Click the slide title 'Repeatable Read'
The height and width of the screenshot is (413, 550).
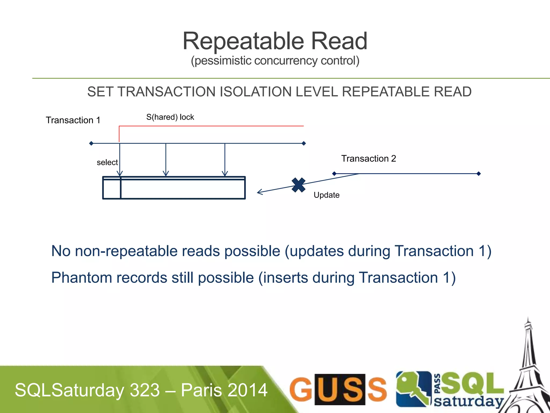[x=275, y=41]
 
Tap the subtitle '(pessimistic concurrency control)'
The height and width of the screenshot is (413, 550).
[x=275, y=61]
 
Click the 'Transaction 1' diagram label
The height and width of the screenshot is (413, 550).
[x=73, y=120]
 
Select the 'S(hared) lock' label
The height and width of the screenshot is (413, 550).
[x=170, y=117]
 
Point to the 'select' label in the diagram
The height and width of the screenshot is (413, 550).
[x=107, y=162]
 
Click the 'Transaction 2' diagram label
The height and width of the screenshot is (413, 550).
[x=368, y=159]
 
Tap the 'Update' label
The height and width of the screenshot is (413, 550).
[x=326, y=195]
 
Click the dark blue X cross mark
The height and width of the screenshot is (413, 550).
[x=298, y=185]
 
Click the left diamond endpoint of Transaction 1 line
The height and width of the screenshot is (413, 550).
[x=91, y=144]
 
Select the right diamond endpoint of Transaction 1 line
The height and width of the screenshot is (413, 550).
[x=304, y=144]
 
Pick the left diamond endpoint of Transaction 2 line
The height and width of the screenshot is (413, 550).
[x=334, y=174]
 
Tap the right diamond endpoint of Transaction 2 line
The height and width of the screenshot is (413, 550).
[x=479, y=174]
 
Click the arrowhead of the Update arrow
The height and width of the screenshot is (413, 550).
[x=259, y=192]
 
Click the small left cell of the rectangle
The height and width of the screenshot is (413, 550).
[x=112, y=189]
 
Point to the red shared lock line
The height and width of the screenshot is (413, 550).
[x=211, y=126]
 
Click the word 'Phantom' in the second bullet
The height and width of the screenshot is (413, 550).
[x=81, y=277]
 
